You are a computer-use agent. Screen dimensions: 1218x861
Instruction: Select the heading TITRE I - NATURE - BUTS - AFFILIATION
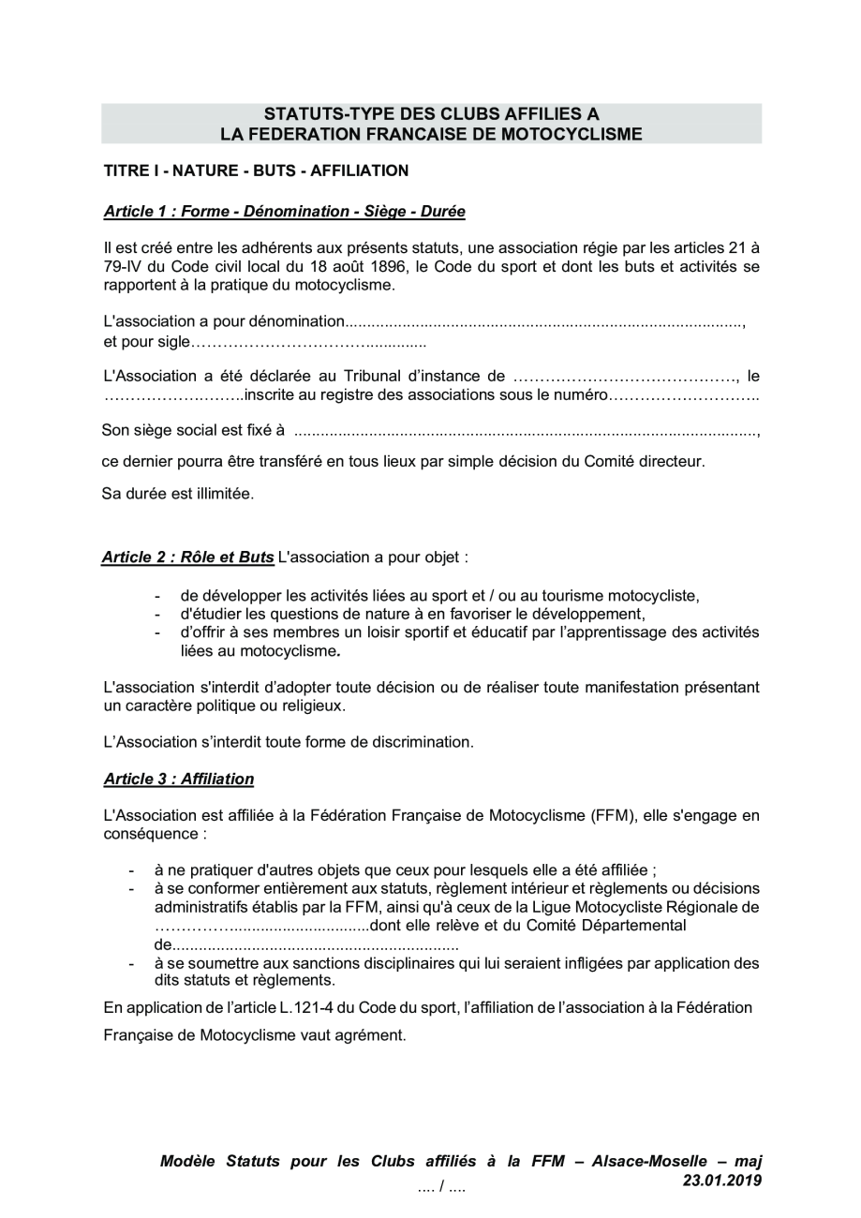click(x=256, y=171)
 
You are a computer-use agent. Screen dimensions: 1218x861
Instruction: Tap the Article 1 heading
click(x=284, y=211)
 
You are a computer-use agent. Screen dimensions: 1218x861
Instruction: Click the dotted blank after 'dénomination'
click(x=544, y=322)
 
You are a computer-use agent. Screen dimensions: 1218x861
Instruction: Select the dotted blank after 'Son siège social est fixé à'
click(x=526, y=433)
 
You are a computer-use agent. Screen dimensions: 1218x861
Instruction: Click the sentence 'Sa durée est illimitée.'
click(x=177, y=493)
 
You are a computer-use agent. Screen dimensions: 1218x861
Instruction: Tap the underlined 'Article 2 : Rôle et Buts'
click(x=187, y=557)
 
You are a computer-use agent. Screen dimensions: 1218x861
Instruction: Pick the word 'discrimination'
click(x=425, y=741)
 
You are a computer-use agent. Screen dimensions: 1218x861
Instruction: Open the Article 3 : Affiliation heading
click(x=178, y=779)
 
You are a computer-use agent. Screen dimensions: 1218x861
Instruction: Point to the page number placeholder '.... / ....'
click(x=442, y=1188)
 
